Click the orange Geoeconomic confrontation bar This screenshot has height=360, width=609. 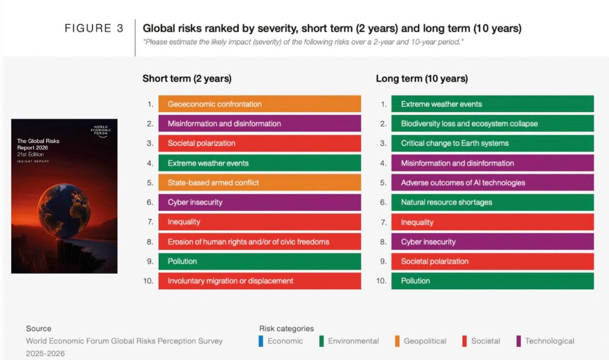click(259, 104)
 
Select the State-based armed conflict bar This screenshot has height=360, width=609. click(259, 182)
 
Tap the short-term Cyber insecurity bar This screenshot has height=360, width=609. click(259, 202)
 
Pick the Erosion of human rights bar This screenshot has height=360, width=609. click(259, 241)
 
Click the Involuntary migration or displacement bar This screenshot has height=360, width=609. click(259, 280)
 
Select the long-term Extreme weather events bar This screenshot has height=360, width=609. click(492, 104)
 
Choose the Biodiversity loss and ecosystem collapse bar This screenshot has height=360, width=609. click(492, 123)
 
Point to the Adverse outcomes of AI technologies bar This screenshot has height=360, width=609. click(492, 182)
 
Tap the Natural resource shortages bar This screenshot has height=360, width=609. click(492, 202)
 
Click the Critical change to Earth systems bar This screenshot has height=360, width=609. click(492, 143)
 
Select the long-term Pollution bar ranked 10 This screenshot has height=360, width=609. click(492, 280)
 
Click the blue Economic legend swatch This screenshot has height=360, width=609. click(261, 341)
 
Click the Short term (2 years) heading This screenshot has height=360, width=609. click(186, 79)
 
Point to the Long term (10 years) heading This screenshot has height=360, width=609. click(421, 79)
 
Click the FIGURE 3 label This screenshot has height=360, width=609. click(94, 29)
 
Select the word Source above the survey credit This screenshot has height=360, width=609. click(39, 328)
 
